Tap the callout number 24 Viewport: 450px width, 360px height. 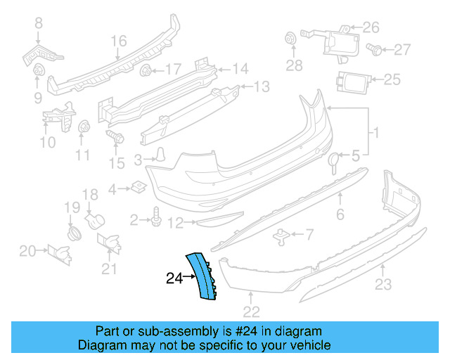[x=174, y=278]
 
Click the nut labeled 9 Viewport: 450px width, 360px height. [x=38, y=70]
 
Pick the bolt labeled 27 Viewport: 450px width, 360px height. [x=375, y=49]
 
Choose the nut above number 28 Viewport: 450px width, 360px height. [x=288, y=39]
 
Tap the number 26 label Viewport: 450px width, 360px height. [x=371, y=28]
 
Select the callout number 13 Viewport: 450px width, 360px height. [x=262, y=87]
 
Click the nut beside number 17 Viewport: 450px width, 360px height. [x=146, y=70]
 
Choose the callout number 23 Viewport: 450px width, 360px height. [x=382, y=285]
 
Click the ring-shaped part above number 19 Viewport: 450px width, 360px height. [x=72, y=233]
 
